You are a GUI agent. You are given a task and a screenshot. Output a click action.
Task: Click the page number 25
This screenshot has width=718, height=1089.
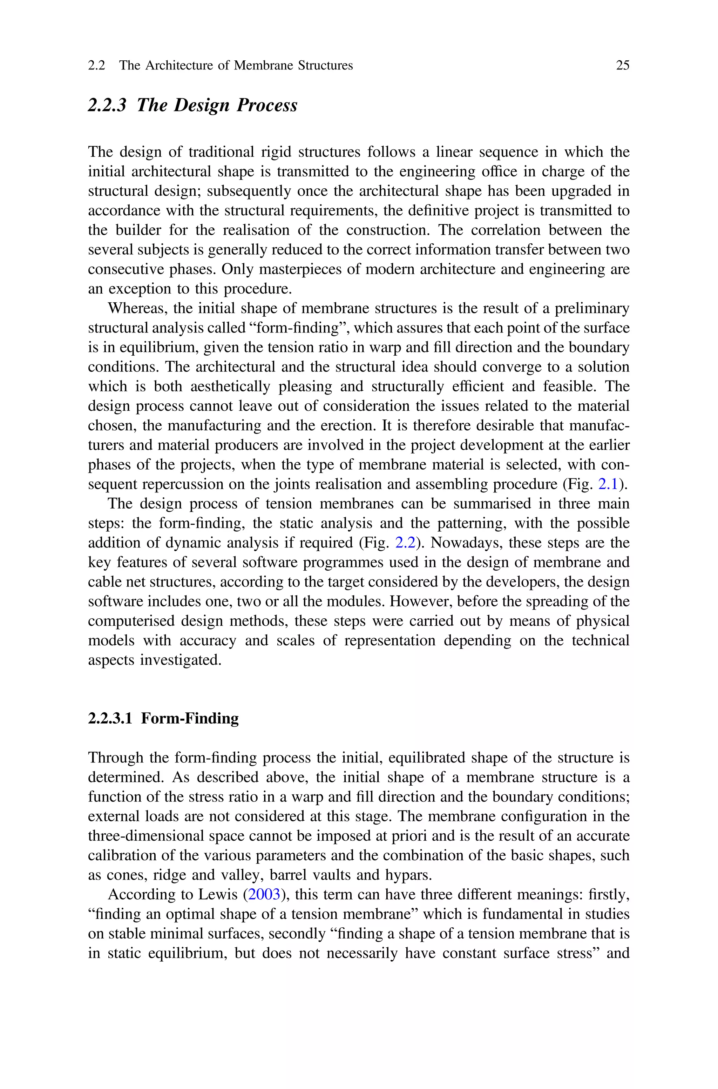622,66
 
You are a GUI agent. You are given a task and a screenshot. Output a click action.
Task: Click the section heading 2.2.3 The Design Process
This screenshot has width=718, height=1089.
192,105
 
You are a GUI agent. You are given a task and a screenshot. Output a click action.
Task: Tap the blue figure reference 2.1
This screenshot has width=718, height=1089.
609,484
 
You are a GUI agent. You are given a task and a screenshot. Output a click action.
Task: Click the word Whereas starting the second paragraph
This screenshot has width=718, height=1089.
134,308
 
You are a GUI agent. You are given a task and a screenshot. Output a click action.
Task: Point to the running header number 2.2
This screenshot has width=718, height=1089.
96,66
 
